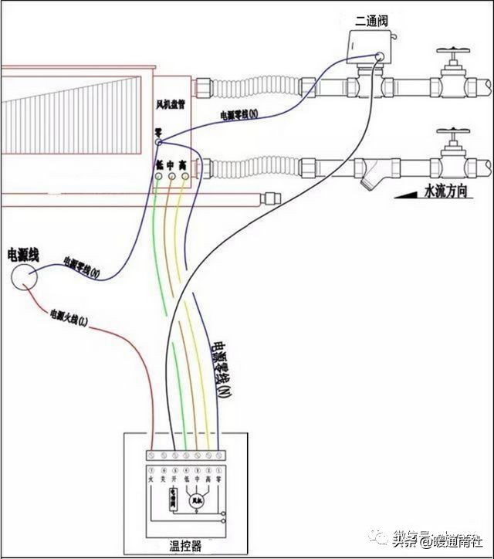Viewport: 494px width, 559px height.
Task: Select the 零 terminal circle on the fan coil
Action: pyautogui.click(x=158, y=143)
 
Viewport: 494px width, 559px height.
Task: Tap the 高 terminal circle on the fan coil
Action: pyautogui.click(x=184, y=176)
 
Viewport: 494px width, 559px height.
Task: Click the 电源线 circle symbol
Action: pyautogui.click(x=24, y=276)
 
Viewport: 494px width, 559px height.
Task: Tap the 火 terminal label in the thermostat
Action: pyautogui.click(x=151, y=479)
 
